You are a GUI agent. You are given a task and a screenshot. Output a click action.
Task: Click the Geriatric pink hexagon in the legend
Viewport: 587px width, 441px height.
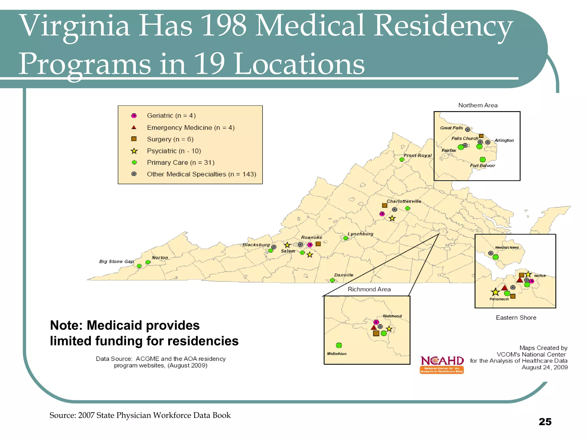tap(134, 116)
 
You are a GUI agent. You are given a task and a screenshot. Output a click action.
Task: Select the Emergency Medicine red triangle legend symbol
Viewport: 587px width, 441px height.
tap(134, 127)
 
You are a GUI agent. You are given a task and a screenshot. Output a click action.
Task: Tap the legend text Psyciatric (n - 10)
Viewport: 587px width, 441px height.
tap(174, 151)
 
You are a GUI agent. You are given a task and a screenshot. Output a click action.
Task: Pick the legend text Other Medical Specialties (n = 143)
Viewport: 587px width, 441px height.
tap(201, 174)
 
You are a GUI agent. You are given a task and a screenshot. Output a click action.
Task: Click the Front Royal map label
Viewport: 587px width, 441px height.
tap(417, 155)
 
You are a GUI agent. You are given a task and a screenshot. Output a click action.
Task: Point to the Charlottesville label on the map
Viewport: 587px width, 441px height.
tap(404, 201)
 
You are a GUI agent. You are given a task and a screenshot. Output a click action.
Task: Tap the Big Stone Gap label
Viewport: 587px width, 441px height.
tap(116, 261)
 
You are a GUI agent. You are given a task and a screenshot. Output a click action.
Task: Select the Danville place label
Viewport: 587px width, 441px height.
tap(344, 275)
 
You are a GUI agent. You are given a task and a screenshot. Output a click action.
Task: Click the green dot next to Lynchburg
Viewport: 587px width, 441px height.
tap(346, 238)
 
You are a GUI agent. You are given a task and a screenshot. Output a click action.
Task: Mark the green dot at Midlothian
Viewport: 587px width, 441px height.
tap(339, 345)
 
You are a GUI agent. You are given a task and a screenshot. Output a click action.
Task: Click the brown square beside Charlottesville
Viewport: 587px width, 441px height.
tap(385, 205)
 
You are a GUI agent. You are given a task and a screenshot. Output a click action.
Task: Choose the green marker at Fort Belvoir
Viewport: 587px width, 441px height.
tap(483, 159)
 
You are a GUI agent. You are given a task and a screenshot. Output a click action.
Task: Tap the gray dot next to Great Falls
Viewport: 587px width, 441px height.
tap(467, 129)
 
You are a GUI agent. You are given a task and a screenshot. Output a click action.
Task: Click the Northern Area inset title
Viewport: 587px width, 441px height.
tap(478, 105)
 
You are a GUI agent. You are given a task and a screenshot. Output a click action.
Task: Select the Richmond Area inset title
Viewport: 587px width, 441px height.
tap(369, 289)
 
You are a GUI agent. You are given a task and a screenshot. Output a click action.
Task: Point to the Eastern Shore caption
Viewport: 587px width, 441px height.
tap(516, 318)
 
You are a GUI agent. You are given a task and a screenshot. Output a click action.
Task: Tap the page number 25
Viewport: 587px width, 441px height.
tap(545, 421)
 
